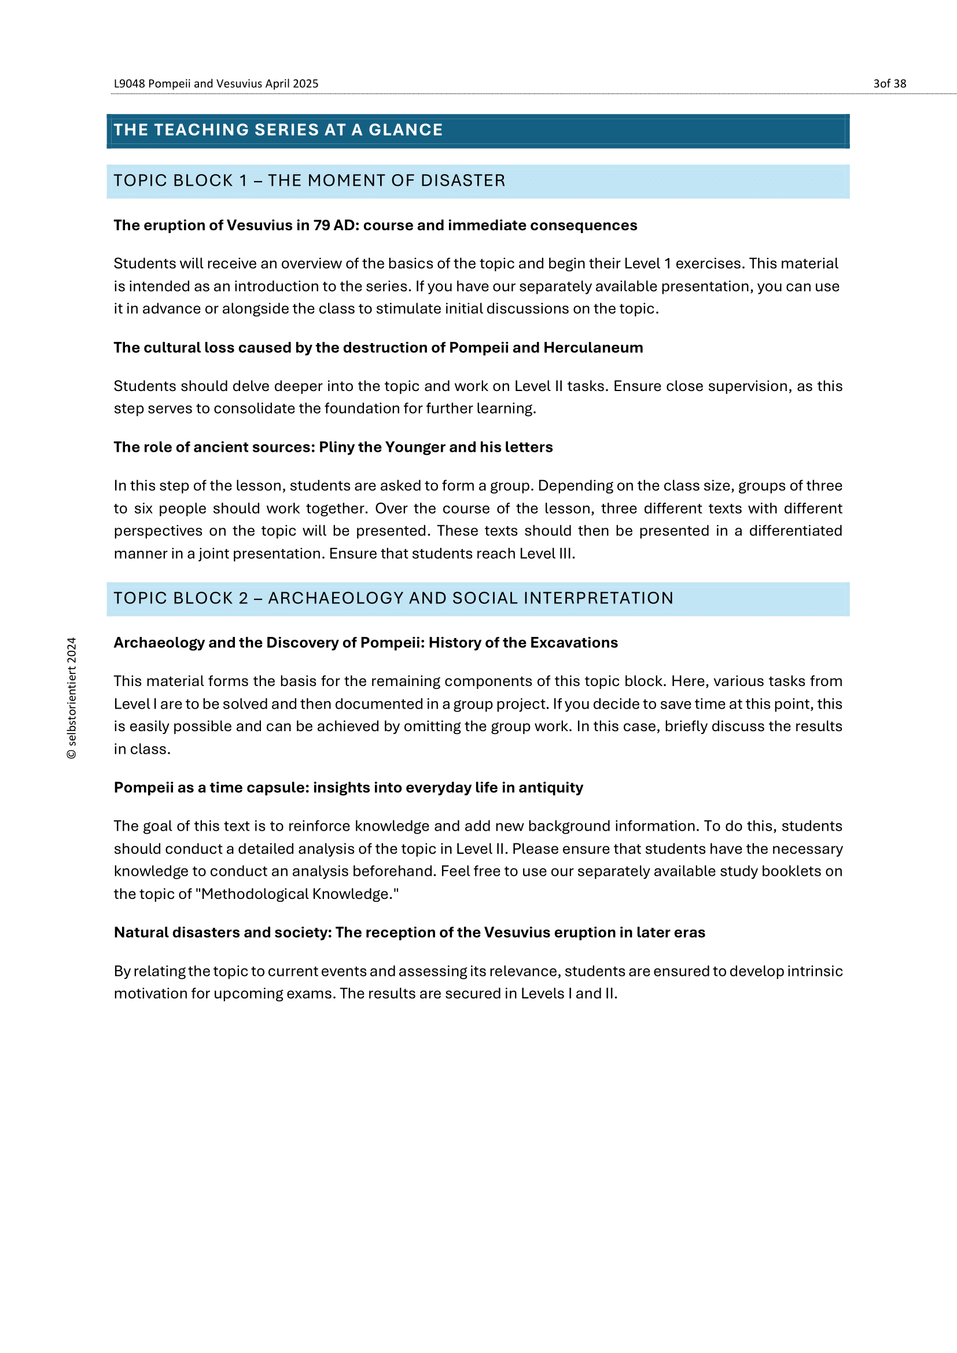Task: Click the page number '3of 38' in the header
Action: click(889, 84)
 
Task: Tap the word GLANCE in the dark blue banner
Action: click(406, 130)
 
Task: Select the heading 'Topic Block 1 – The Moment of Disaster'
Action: click(310, 180)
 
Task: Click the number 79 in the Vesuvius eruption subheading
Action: click(321, 225)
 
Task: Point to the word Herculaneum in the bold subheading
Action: click(593, 348)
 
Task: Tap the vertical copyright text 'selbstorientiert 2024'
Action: click(71, 698)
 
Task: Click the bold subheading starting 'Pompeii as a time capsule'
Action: click(348, 787)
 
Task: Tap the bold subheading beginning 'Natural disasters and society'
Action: click(409, 932)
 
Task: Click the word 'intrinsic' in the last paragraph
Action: click(815, 971)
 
